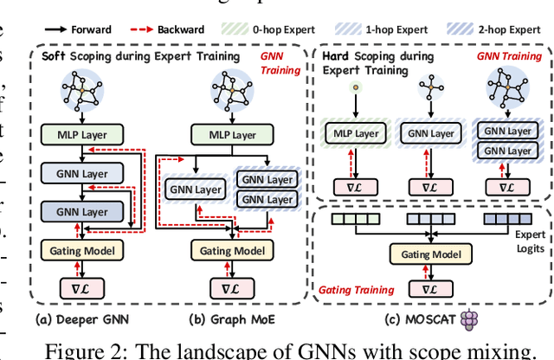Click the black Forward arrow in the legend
[x=61, y=29]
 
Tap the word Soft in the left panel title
[x=57, y=56]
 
